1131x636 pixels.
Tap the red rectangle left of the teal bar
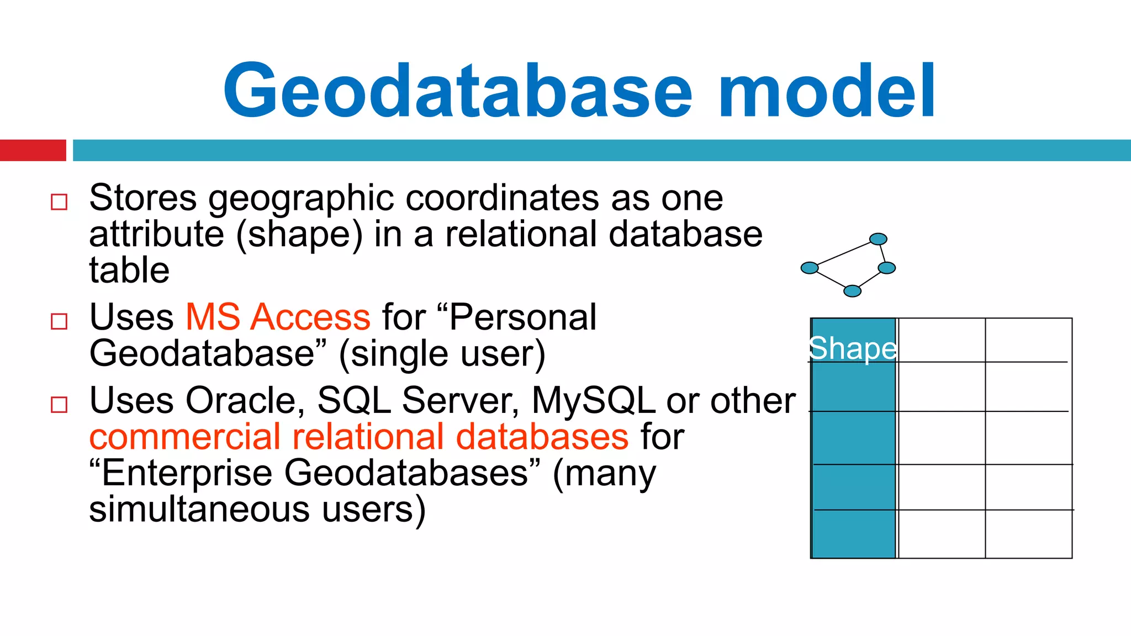click(33, 150)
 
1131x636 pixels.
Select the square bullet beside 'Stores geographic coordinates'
click(59, 202)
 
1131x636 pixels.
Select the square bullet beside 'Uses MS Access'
click(59, 321)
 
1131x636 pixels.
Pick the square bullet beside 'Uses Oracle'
click(59, 405)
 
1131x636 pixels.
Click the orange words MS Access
click(278, 317)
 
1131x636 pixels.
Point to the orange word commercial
click(184, 437)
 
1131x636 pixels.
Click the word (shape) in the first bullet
click(299, 234)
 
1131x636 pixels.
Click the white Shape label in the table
click(853, 348)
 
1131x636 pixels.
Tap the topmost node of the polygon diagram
click(878, 239)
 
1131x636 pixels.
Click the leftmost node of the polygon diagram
click(810, 268)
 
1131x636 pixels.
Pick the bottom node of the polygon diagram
click(852, 291)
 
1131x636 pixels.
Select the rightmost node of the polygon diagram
click(886, 268)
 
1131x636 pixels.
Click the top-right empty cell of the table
click(1028, 340)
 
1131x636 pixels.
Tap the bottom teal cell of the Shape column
click(853, 534)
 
